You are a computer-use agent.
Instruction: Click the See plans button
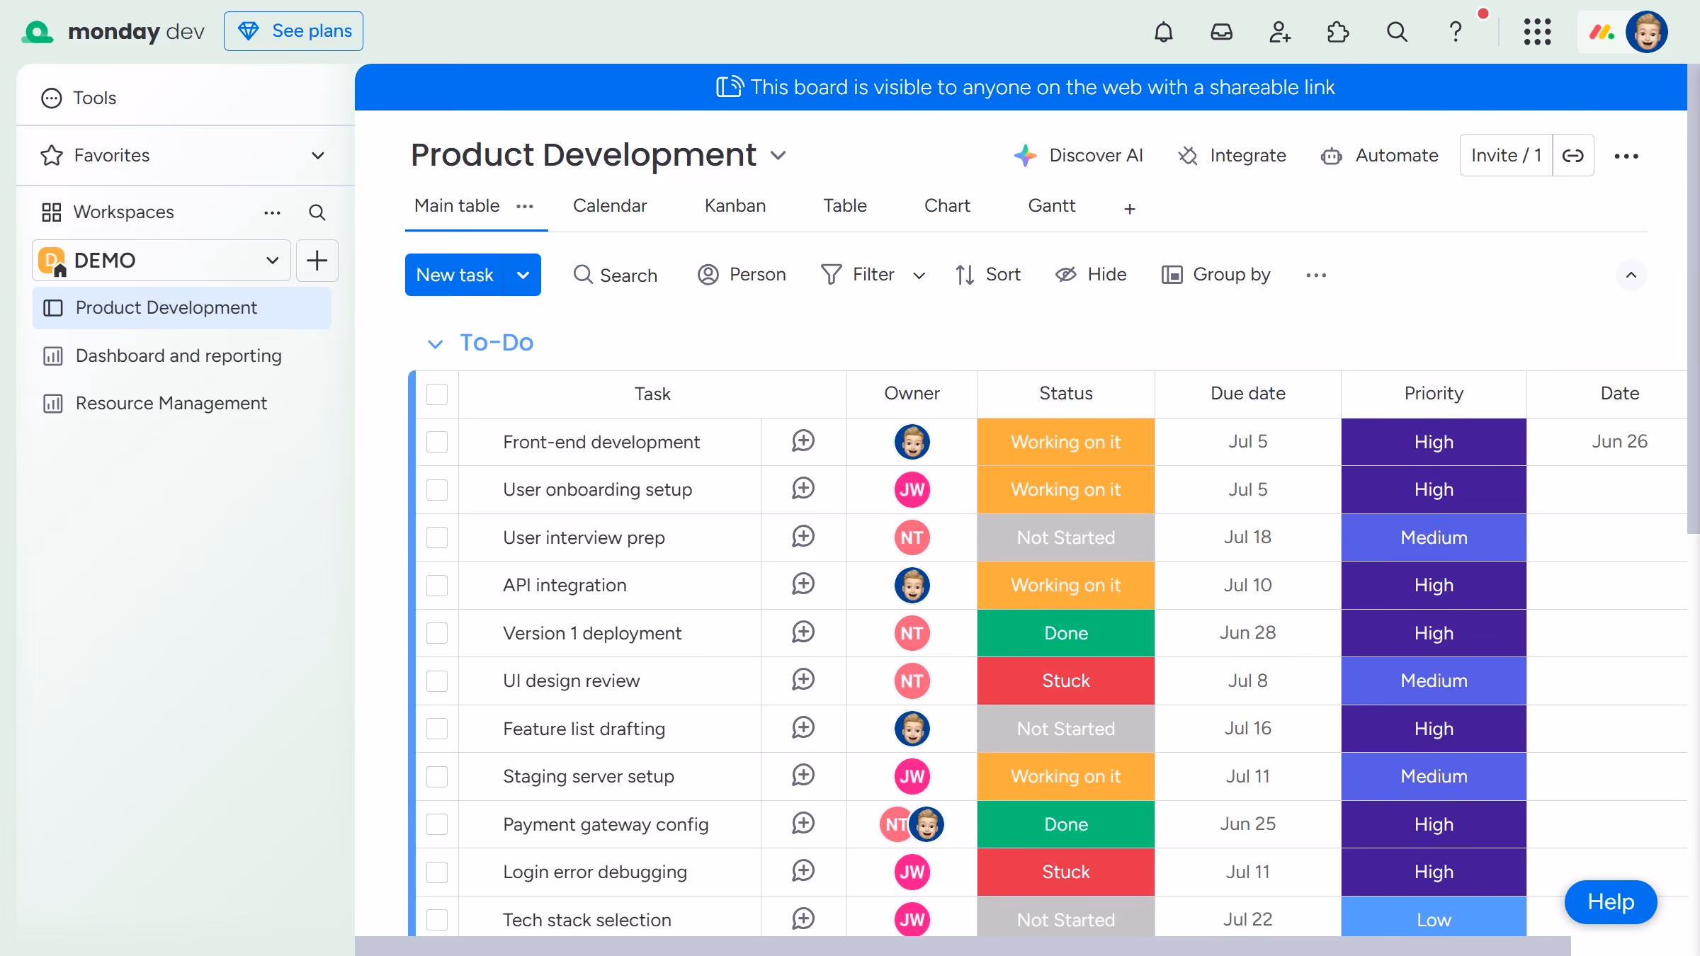(x=293, y=31)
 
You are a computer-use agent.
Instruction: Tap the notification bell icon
(x=1163, y=32)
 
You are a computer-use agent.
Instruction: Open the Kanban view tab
(x=735, y=206)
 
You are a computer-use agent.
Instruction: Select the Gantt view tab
(x=1051, y=206)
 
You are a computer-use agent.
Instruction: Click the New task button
(x=455, y=275)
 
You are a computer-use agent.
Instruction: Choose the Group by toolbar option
(x=1216, y=275)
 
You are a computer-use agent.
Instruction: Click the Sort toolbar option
(x=988, y=275)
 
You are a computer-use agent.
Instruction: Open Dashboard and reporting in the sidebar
(x=178, y=355)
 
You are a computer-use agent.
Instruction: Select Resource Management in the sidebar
(x=171, y=403)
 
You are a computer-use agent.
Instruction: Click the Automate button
(x=1380, y=156)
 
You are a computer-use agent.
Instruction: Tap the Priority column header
(x=1434, y=394)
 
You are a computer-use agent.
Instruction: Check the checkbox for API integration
(x=437, y=586)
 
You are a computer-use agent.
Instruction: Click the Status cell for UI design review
(x=1066, y=681)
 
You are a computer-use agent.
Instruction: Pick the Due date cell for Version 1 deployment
(x=1248, y=633)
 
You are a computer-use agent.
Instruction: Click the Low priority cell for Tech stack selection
(x=1434, y=919)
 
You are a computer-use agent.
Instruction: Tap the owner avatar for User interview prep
(x=912, y=537)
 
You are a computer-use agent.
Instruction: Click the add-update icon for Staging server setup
(x=803, y=775)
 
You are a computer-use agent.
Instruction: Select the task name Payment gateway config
(x=606, y=824)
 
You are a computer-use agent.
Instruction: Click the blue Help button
(x=1611, y=902)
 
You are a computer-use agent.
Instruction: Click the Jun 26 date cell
(x=1619, y=442)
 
